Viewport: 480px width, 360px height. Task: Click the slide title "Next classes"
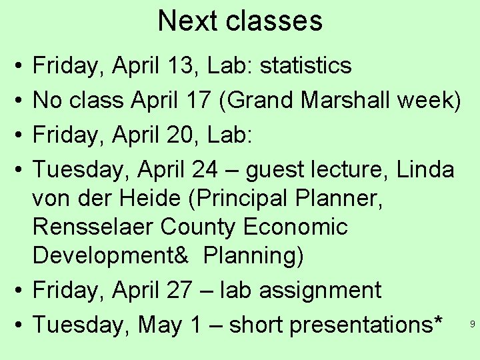[240, 21]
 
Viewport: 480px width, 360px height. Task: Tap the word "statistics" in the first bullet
[305, 65]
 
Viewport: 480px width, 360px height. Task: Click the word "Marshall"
[346, 101]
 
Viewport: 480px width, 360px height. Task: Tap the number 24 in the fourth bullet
[203, 170]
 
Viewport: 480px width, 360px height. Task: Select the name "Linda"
[425, 170]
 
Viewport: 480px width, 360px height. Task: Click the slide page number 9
[472, 325]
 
